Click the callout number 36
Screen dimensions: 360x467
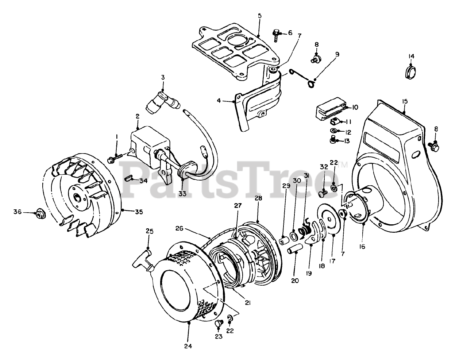click(x=17, y=212)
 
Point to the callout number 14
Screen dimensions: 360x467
click(x=411, y=56)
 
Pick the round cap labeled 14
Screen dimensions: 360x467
click(x=412, y=71)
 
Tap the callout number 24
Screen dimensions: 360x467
click(x=188, y=346)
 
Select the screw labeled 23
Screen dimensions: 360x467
click(x=219, y=323)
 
